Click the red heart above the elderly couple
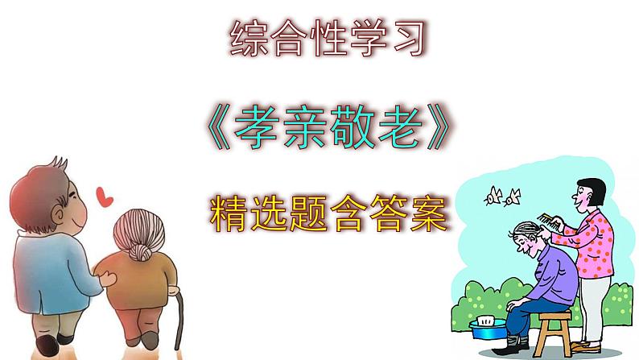click(102, 195)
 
